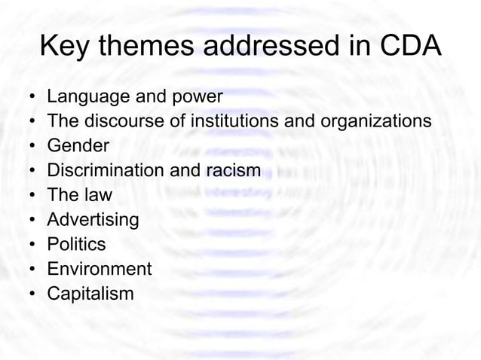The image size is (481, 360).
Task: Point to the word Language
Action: click(x=82, y=97)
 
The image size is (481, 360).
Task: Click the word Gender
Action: click(x=78, y=146)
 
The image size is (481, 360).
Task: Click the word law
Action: click(x=97, y=195)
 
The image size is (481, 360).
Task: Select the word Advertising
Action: click(x=93, y=220)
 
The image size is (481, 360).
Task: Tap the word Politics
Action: click(x=76, y=245)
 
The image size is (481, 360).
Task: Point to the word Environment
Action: click(x=99, y=269)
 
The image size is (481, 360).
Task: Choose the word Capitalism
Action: click(x=90, y=294)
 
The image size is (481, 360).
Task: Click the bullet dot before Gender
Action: click(x=30, y=147)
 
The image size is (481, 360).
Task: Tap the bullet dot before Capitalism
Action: click(x=30, y=294)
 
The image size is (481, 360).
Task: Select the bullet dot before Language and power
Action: click(x=30, y=98)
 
